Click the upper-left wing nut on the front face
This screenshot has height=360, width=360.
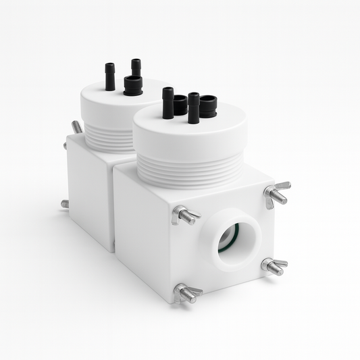184,215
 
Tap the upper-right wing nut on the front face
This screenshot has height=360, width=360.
276,193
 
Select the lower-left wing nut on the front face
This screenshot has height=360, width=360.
186,293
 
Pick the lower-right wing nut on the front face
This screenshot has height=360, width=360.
273,267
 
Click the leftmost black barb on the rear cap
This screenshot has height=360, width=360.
110,76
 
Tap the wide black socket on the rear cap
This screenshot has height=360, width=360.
133,85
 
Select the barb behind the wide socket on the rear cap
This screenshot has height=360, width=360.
136,68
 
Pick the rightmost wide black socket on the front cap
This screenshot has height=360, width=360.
208,106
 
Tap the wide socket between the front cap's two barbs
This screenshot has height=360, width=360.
180,105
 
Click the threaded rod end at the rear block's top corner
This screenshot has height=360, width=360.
76,126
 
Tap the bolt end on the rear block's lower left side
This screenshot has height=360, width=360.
65,203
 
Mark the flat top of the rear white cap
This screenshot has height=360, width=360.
108,101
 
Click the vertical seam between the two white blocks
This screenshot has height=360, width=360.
112,203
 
